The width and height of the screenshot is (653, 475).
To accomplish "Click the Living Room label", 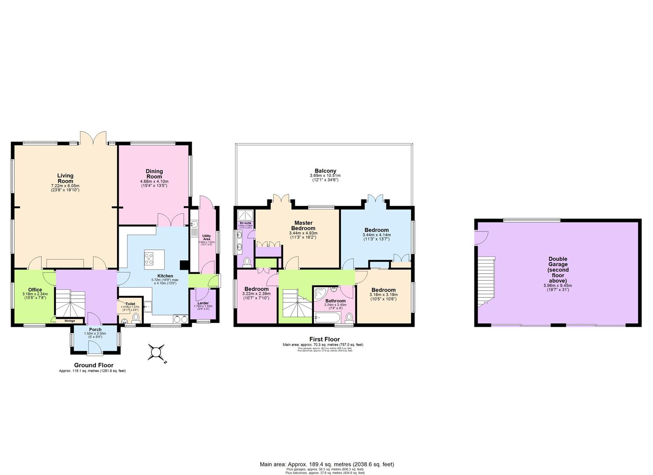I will click(x=65, y=179).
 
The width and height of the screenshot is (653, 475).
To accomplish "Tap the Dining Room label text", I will click(x=154, y=174).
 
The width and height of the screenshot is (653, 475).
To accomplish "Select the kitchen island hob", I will click(x=149, y=258).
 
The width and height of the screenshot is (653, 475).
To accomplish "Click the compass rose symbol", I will click(x=156, y=352).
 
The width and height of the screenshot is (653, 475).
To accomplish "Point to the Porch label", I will click(x=95, y=329).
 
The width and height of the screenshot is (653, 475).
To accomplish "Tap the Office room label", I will click(x=35, y=290).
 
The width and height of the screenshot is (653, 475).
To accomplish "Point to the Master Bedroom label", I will click(x=303, y=226).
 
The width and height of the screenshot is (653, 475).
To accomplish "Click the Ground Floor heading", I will click(x=93, y=365).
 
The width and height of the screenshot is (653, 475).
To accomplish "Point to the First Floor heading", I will click(x=324, y=339).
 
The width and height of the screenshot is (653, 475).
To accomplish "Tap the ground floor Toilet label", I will click(x=130, y=303).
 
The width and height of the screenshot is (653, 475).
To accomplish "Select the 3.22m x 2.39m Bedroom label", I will click(x=256, y=289).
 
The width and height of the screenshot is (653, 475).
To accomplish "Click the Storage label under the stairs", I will click(x=70, y=321).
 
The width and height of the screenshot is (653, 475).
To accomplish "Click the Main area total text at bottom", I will click(x=326, y=464).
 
